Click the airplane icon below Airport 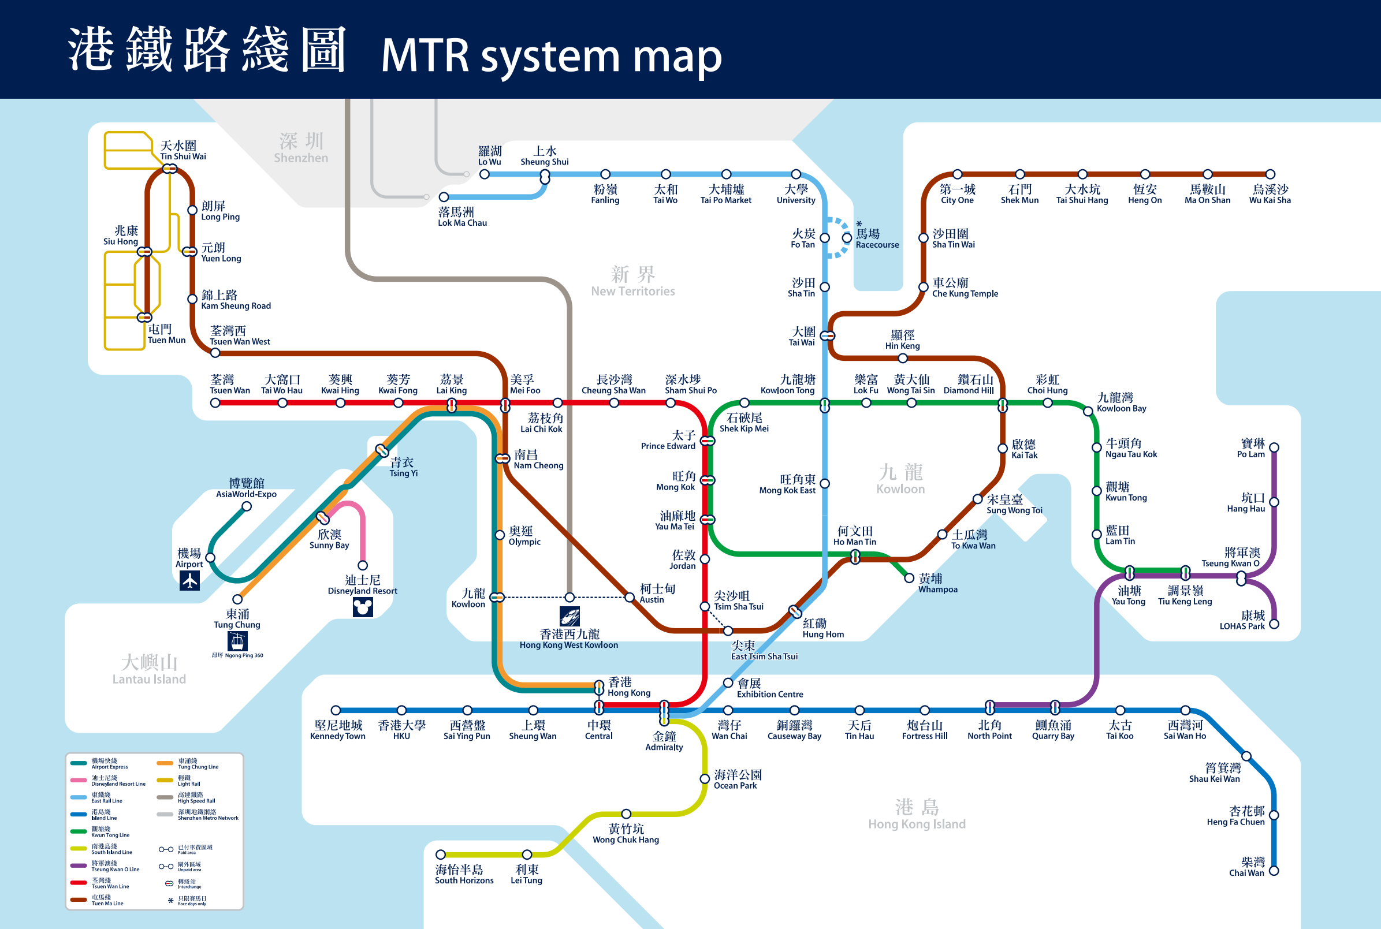point(189,581)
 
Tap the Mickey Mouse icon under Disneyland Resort point(363,607)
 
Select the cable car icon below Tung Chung point(237,640)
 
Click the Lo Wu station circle point(484,174)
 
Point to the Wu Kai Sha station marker point(1270,174)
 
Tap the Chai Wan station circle point(1274,871)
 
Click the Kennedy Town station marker point(336,710)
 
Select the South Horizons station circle point(440,855)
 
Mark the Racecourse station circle point(847,237)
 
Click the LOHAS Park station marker point(1274,624)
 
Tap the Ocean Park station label point(738,779)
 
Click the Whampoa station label point(937,583)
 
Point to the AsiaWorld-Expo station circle point(247,506)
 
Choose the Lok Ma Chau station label point(461,217)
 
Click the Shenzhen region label point(301,148)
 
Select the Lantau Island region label point(149,670)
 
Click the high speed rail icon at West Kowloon point(569,616)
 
